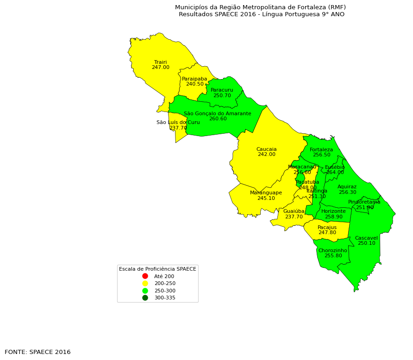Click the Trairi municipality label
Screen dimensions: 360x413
point(160,62)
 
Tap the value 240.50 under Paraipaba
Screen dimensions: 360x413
point(194,84)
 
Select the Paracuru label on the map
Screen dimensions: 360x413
point(222,90)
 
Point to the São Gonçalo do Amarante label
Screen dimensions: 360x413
point(217,113)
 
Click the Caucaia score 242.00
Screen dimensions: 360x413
point(266,155)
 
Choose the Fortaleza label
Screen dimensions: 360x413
point(321,149)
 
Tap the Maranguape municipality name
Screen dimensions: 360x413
point(266,192)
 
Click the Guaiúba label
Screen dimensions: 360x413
point(294,211)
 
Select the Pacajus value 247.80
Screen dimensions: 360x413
point(327,233)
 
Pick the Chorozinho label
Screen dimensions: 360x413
point(332,250)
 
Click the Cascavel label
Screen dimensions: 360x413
point(366,238)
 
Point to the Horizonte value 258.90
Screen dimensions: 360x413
point(333,217)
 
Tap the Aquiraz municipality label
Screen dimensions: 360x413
point(347,187)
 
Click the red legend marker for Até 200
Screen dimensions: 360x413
point(145,276)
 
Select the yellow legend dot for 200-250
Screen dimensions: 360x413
point(145,283)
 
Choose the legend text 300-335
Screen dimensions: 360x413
point(165,298)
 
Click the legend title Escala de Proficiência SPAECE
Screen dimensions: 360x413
point(157,269)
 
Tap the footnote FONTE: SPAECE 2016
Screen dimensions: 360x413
point(38,352)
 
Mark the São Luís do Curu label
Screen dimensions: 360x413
point(178,122)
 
